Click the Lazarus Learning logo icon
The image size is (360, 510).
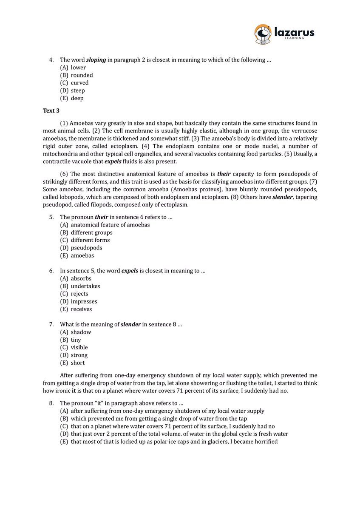(x=263, y=34)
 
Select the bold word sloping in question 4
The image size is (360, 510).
(x=96, y=60)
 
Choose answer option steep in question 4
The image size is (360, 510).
(x=78, y=91)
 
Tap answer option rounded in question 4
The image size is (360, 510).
(x=82, y=75)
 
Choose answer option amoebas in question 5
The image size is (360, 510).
(x=82, y=255)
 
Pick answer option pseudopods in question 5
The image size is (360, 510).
(x=86, y=248)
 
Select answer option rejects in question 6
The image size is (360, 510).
(x=79, y=294)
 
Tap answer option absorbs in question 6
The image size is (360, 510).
(x=81, y=278)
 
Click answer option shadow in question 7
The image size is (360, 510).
(x=81, y=332)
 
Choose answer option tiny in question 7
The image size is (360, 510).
(x=76, y=340)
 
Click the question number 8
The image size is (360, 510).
(x=51, y=403)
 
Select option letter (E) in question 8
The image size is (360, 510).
(x=64, y=442)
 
